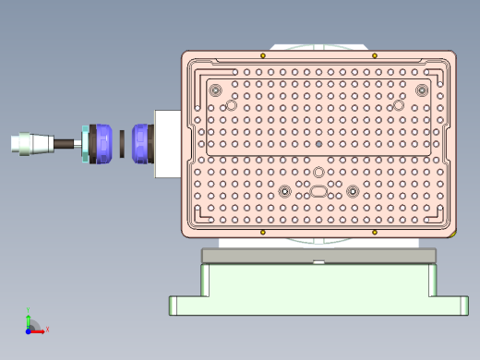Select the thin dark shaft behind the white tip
pos(66,144)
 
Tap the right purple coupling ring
pos(141,143)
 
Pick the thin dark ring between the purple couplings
pos(120,143)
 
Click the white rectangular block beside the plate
pos(166,143)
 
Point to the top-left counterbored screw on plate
pos(216,90)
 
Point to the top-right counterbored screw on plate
pos(422,90)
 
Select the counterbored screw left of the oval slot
pos(285,191)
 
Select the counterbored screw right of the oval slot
pos(352,191)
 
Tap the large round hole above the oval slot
pos(318,173)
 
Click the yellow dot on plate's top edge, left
pos(263,55)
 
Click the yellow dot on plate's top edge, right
pos(374,55)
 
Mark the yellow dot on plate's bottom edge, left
pos(263,232)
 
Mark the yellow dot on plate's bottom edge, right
pos(374,232)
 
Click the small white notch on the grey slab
pos(318,263)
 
